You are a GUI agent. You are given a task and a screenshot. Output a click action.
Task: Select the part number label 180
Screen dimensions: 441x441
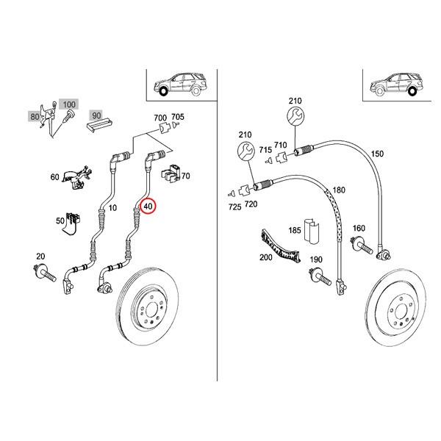click(339, 190)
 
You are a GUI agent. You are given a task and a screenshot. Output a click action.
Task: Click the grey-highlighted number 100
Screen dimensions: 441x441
click(68, 107)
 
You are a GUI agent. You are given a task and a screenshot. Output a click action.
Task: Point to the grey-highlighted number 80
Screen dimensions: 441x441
click(35, 116)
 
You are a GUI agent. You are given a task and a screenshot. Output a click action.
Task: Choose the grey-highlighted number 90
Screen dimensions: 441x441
click(96, 116)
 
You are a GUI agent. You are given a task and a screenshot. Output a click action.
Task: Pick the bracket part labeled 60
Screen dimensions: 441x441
click(76, 177)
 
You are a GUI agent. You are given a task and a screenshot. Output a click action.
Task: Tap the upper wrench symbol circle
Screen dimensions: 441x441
click(295, 118)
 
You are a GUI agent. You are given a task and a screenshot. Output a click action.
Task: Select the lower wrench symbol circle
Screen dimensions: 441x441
click(245, 153)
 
